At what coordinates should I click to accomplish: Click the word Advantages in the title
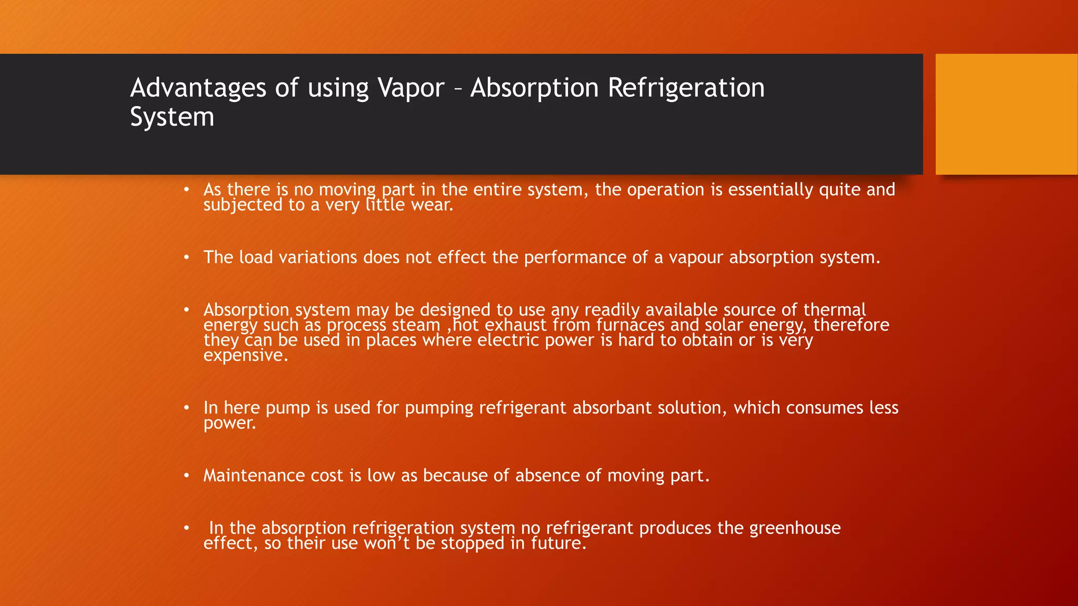click(x=198, y=88)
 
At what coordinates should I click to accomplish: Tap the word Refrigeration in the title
click(x=686, y=88)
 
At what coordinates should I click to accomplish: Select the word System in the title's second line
click(x=172, y=117)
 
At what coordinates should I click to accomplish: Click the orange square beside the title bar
click(x=1006, y=114)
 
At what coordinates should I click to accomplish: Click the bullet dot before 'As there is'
click(x=186, y=189)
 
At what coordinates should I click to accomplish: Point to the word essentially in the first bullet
click(x=771, y=189)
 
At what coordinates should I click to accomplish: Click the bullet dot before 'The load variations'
click(x=186, y=257)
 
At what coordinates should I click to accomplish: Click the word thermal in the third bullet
click(x=834, y=309)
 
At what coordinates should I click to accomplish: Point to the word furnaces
click(x=630, y=325)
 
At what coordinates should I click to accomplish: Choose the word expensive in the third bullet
click(x=245, y=356)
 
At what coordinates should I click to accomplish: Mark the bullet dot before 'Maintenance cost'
click(x=186, y=476)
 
